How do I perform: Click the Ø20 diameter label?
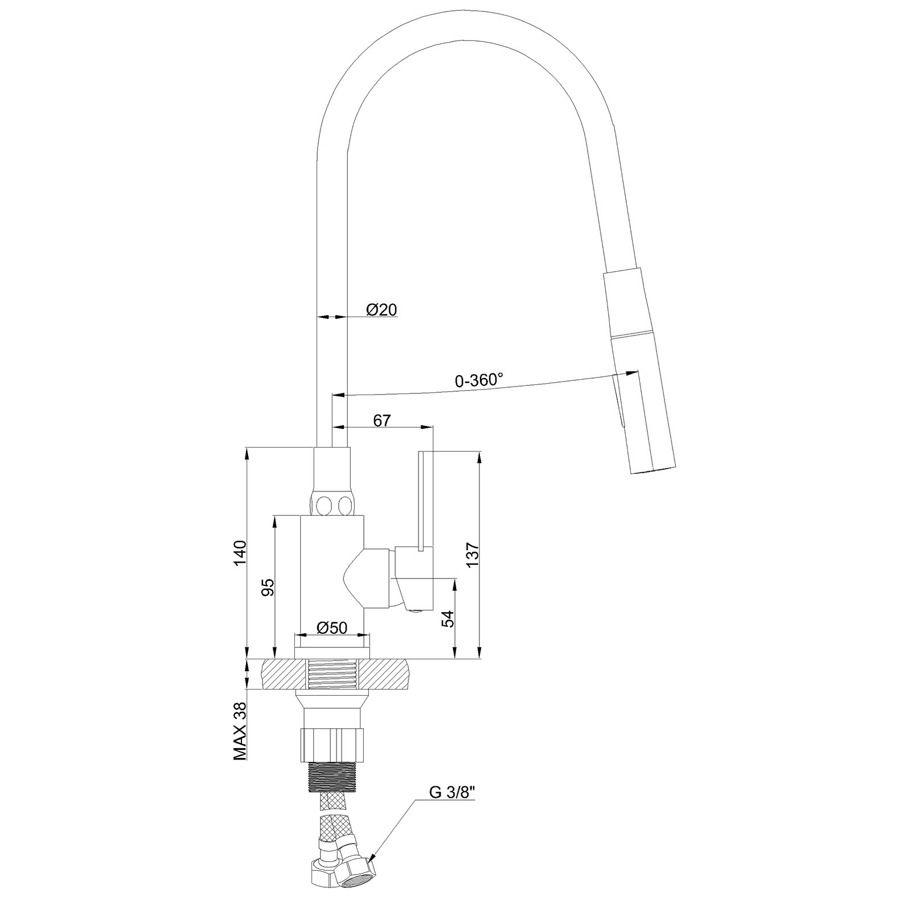(381, 310)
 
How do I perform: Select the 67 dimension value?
(382, 421)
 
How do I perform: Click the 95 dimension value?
(268, 587)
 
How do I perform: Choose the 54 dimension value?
(449, 618)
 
